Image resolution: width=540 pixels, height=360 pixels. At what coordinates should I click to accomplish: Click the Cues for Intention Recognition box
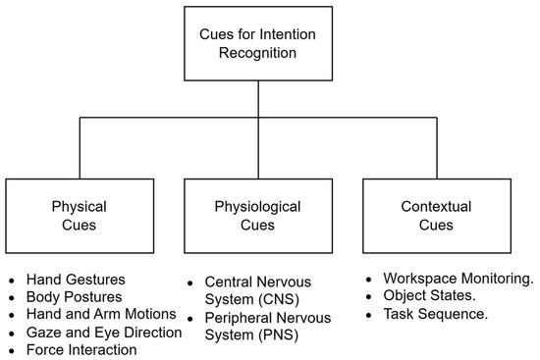click(258, 42)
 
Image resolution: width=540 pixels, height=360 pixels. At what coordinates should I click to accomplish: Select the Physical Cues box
click(79, 216)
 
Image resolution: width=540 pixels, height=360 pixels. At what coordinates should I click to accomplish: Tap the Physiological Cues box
click(258, 216)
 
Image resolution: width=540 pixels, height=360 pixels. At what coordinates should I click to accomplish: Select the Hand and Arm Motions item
click(101, 314)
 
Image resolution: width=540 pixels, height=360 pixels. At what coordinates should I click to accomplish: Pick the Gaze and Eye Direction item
click(104, 332)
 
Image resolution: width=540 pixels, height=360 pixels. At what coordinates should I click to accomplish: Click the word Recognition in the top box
click(258, 52)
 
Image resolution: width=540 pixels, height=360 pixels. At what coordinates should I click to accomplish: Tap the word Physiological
click(258, 207)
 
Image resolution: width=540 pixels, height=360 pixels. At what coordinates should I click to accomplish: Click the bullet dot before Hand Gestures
click(13, 281)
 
